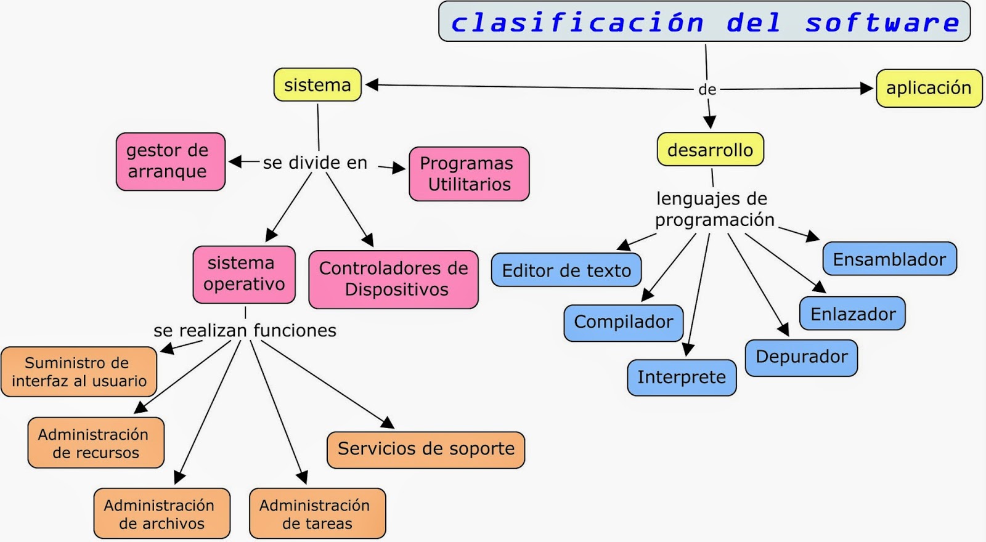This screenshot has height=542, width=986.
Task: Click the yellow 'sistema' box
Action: (317, 85)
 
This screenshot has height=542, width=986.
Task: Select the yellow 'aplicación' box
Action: (929, 88)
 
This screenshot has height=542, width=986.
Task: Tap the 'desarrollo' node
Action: (710, 150)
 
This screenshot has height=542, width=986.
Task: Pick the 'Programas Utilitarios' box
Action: (469, 174)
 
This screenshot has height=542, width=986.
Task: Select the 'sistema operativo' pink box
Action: (244, 274)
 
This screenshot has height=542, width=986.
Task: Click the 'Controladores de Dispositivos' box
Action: (393, 279)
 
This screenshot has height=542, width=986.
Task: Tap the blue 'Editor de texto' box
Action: (566, 270)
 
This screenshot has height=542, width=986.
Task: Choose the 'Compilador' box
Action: (623, 322)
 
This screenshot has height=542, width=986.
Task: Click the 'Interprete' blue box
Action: (682, 377)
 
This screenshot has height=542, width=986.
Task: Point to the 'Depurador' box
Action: (801, 357)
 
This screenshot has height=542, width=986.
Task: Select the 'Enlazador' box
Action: (852, 314)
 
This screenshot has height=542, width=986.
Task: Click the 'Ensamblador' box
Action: (889, 259)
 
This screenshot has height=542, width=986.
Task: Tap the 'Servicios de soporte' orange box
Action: (426, 449)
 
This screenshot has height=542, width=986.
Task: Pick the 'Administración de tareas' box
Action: (317, 514)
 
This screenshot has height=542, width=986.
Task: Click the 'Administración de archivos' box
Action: (161, 514)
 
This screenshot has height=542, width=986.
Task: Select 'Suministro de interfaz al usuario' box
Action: (79, 371)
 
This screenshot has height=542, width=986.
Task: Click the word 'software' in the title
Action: (882, 23)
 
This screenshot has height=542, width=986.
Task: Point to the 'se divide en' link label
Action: (315, 163)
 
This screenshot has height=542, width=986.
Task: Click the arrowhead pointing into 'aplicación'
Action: (866, 89)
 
